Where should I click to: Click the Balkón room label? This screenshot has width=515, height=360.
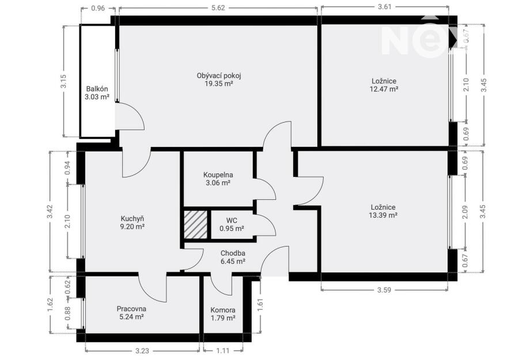pyautogui.click(x=97, y=89)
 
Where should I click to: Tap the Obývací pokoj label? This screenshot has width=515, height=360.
pyautogui.click(x=219, y=75)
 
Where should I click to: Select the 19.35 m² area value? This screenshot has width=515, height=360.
pyautogui.click(x=219, y=84)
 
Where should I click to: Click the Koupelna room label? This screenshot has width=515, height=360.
pyautogui.click(x=218, y=175)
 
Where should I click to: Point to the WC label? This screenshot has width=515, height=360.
pyautogui.click(x=232, y=221)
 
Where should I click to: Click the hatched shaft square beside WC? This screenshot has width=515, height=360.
pyautogui.click(x=195, y=225)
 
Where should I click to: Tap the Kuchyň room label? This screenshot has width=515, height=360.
pyautogui.click(x=132, y=219)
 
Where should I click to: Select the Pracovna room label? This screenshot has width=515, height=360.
pyautogui.click(x=131, y=309)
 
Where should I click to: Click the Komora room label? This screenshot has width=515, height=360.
pyautogui.click(x=223, y=310)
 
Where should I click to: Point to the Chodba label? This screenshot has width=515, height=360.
pyautogui.click(x=233, y=253)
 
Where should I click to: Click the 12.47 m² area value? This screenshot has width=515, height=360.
pyautogui.click(x=384, y=89)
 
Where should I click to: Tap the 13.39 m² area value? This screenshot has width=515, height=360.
pyautogui.click(x=383, y=215)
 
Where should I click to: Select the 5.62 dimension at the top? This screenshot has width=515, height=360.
pyautogui.click(x=218, y=8)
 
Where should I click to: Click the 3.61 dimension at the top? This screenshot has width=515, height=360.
pyautogui.click(x=385, y=7)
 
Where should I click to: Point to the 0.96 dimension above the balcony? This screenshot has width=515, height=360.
pyautogui.click(x=97, y=8)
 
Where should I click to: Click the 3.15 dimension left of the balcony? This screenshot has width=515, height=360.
pyautogui.click(x=63, y=81)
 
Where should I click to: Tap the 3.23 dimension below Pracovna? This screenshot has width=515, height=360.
pyautogui.click(x=142, y=351)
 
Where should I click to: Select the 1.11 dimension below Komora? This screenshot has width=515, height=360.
pyautogui.click(x=223, y=351)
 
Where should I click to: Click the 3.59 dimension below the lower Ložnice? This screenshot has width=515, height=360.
pyautogui.click(x=384, y=290)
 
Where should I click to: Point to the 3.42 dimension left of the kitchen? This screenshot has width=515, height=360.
pyautogui.click(x=50, y=211)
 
